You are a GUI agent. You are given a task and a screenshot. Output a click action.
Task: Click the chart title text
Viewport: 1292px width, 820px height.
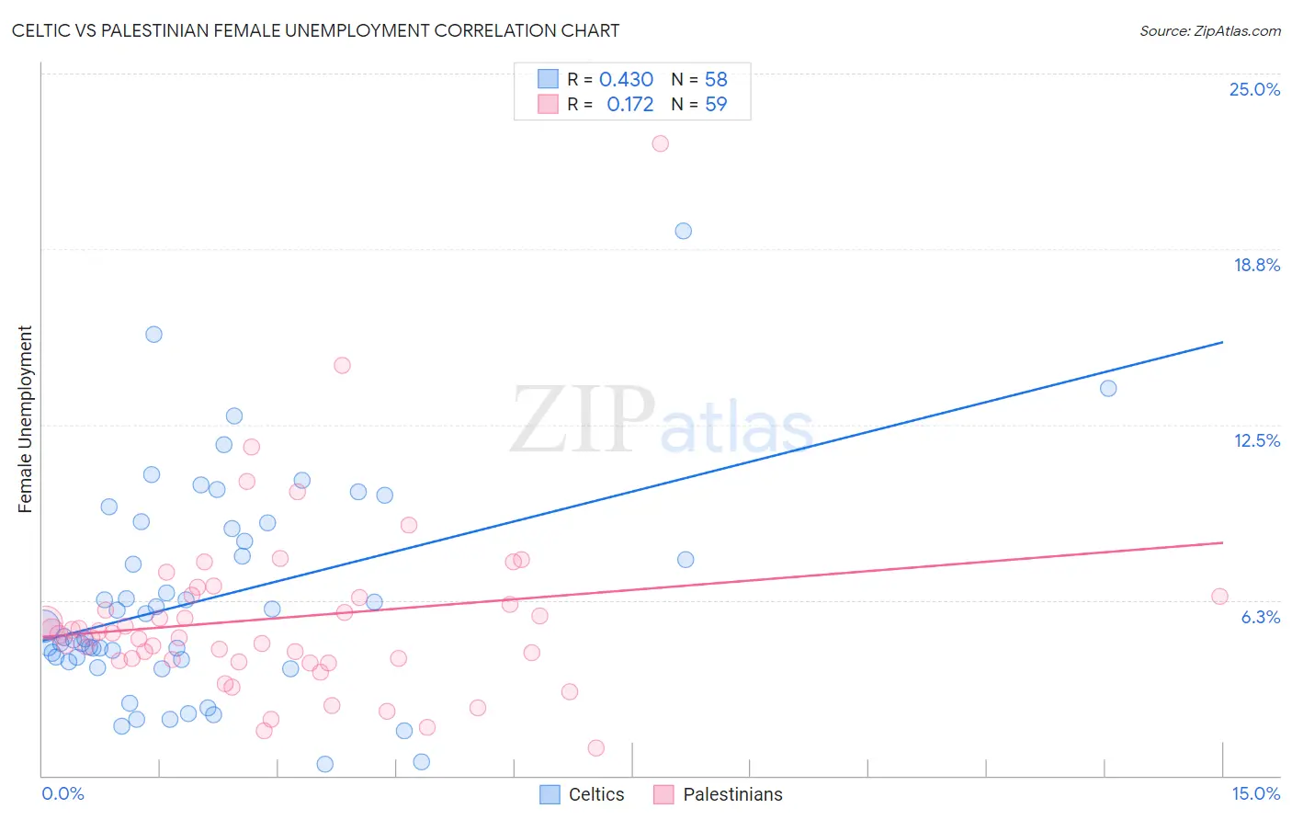click(x=315, y=30)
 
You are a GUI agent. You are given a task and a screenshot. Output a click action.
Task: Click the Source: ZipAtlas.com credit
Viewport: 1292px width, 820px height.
click(x=1209, y=30)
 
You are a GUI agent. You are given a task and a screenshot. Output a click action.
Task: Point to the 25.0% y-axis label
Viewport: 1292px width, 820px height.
click(x=1254, y=89)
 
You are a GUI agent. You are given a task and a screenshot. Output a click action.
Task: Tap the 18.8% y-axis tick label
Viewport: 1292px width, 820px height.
click(x=1256, y=265)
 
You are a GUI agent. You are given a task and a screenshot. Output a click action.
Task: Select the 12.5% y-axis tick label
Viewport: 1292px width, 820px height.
click(x=1256, y=440)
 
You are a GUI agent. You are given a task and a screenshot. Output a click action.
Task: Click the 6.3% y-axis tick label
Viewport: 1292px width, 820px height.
click(x=1260, y=617)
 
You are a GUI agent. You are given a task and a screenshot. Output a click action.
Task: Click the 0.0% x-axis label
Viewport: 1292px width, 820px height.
click(x=62, y=793)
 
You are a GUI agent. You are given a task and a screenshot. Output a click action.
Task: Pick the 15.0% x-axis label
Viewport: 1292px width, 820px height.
click(x=1255, y=793)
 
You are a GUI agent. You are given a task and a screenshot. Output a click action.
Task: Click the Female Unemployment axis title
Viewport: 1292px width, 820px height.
click(x=25, y=419)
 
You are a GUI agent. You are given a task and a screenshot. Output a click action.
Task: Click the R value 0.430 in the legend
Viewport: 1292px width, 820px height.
click(x=626, y=80)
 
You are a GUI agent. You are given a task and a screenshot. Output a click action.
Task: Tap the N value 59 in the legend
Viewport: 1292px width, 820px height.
click(x=716, y=105)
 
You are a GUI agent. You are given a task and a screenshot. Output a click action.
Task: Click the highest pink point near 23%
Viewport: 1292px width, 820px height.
click(x=660, y=143)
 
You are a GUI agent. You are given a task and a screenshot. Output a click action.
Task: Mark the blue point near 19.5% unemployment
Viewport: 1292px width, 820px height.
click(x=683, y=231)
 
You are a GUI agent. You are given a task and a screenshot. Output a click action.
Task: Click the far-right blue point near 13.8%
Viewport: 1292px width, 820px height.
click(x=1108, y=388)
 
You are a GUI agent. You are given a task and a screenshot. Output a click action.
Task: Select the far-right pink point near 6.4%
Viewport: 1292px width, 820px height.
click(x=1219, y=597)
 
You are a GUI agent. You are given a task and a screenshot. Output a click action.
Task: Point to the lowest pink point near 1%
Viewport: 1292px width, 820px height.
click(x=595, y=748)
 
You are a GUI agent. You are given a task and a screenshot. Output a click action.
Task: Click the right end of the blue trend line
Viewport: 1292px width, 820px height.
click(x=1222, y=342)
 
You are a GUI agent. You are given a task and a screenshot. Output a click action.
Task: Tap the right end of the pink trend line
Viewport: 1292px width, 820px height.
click(x=1222, y=542)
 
